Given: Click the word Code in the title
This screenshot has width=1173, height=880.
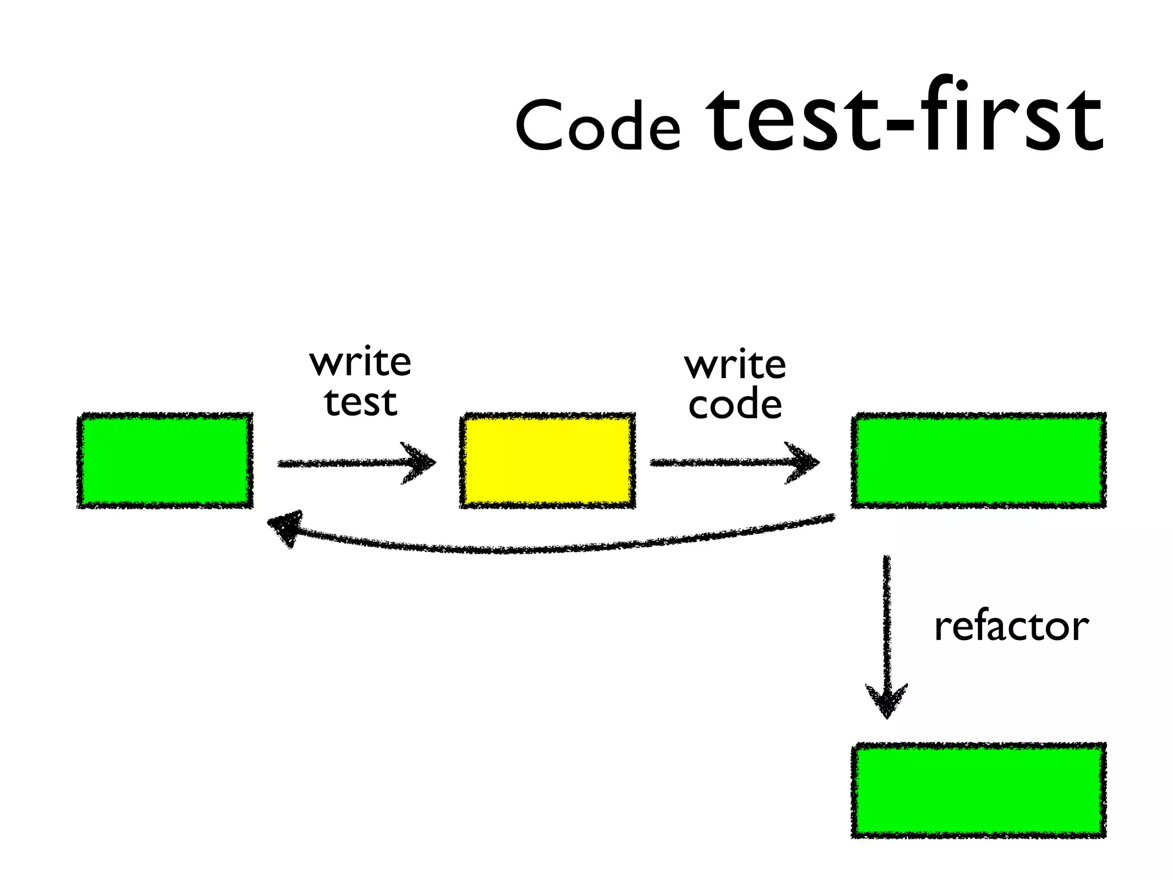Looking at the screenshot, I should click(x=597, y=125).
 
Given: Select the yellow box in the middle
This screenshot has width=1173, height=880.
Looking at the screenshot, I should click(x=548, y=460).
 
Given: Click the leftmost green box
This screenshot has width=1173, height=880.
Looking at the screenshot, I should click(x=165, y=460).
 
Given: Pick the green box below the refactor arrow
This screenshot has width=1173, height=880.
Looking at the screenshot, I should click(x=978, y=791).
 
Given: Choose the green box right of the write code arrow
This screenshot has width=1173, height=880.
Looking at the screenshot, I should click(x=978, y=460).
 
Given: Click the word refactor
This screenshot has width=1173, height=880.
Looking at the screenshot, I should click(x=1011, y=626).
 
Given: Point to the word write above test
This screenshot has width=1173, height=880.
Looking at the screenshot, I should click(x=360, y=362).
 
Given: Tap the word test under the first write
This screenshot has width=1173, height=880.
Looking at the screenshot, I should click(x=360, y=402).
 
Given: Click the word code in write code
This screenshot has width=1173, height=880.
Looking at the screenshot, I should click(x=735, y=404).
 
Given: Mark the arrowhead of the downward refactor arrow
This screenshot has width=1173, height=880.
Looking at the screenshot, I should click(x=887, y=700).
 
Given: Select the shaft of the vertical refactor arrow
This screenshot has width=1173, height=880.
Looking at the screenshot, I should click(x=887, y=619).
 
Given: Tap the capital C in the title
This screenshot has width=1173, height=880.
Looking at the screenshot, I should click(x=540, y=125).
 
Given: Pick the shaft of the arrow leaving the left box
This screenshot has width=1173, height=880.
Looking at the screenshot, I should click(x=338, y=463).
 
